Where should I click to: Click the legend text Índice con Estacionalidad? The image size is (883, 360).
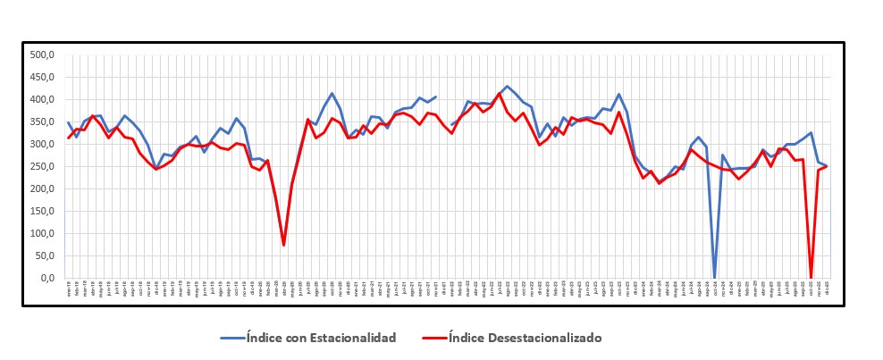point(323,338)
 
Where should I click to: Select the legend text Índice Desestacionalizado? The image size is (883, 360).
point(525,338)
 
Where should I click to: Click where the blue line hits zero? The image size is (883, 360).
point(714,277)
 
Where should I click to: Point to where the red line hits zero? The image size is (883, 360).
point(811,277)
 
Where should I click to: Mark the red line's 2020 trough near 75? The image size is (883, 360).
point(284,245)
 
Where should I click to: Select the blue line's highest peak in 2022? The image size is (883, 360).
point(508,87)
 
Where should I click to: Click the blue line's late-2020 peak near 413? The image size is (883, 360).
point(332,93)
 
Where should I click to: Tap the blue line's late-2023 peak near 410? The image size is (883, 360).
point(619,94)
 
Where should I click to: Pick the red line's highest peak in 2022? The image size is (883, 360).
point(500,93)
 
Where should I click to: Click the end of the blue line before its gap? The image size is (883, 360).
point(435,96)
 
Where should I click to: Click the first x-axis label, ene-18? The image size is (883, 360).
point(69,290)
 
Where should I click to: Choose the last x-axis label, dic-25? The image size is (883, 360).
point(826,290)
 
